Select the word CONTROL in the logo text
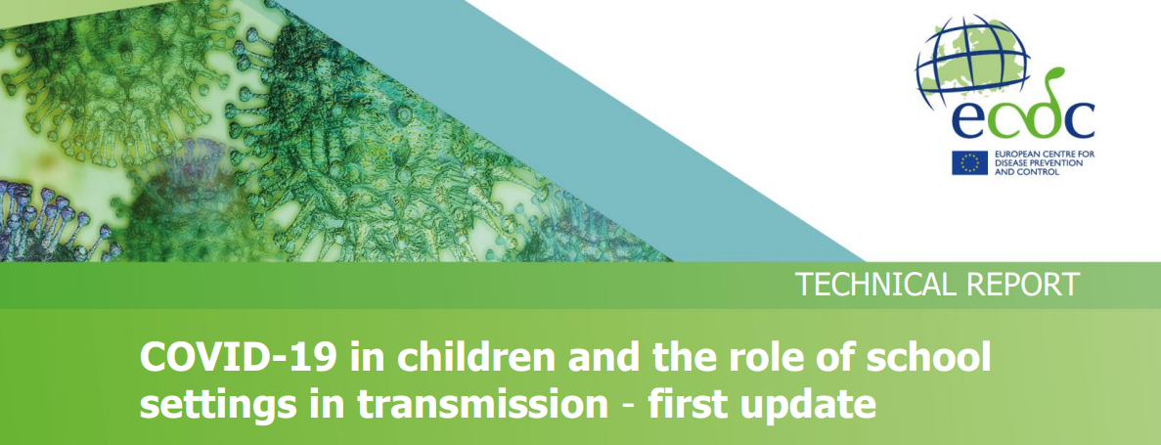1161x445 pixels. [1038, 172]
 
